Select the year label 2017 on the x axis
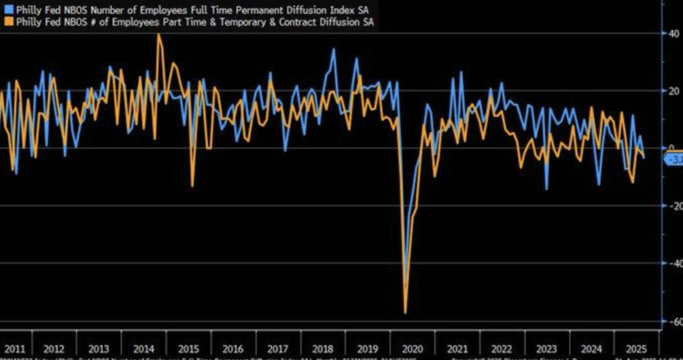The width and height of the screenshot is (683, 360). coord(277,349)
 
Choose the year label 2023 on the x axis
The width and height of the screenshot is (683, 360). coord(547,349)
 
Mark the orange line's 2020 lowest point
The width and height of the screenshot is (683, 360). coord(405,312)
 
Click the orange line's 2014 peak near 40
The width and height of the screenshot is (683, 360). coord(158,35)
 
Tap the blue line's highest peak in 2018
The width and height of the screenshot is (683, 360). coord(333,50)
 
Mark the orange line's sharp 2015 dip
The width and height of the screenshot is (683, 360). coord(192,185)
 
